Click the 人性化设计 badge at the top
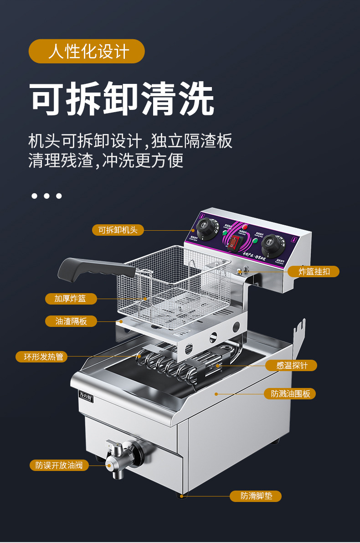[x=87, y=51]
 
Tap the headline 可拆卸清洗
[x=122, y=99]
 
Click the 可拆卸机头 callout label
[x=118, y=230]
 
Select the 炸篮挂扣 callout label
[x=314, y=271]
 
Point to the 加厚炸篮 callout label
[x=71, y=299]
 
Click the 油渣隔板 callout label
[x=71, y=321]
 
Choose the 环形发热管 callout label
[x=41, y=357]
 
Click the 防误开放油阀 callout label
[x=59, y=465]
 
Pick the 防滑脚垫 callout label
[x=255, y=496]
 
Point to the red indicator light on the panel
[x=245, y=227]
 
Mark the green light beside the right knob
[x=255, y=241]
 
